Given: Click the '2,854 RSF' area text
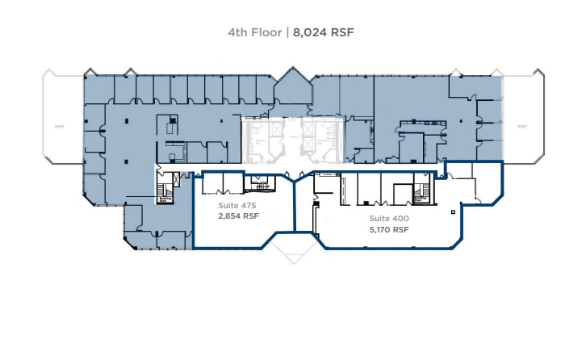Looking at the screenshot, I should tap(239, 216).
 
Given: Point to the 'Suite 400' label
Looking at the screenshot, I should tap(389, 219).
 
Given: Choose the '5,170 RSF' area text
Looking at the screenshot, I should tap(389, 229).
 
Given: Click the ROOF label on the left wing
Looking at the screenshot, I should tap(60, 126).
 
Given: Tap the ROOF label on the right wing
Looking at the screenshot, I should tap(522, 126).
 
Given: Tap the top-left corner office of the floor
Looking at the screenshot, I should tap(98, 89).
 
